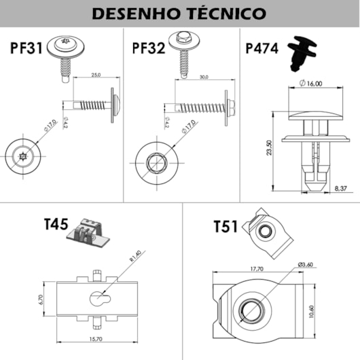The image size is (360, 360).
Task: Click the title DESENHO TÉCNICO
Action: coord(179,13)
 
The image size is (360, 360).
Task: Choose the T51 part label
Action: coord(225,226)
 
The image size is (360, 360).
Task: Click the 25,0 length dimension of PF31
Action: coord(96,75)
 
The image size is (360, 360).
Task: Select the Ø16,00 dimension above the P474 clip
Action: coord(310,84)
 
